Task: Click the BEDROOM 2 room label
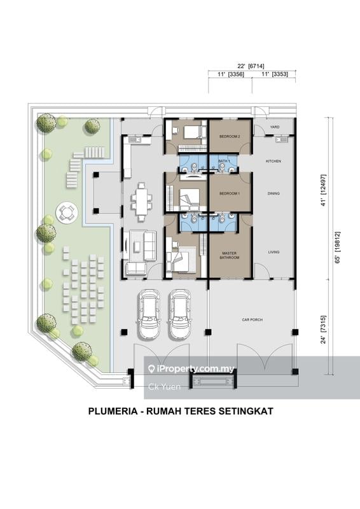pos(230,137)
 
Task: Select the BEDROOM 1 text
pos(230,193)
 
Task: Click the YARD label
pos(275,127)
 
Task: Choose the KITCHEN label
pos(273,161)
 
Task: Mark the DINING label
pos(273,193)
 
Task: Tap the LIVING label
pos(273,253)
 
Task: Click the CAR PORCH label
pos(252,320)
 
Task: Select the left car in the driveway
pos(149,314)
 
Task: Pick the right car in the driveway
pos(179,314)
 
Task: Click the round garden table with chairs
pos(66,212)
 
